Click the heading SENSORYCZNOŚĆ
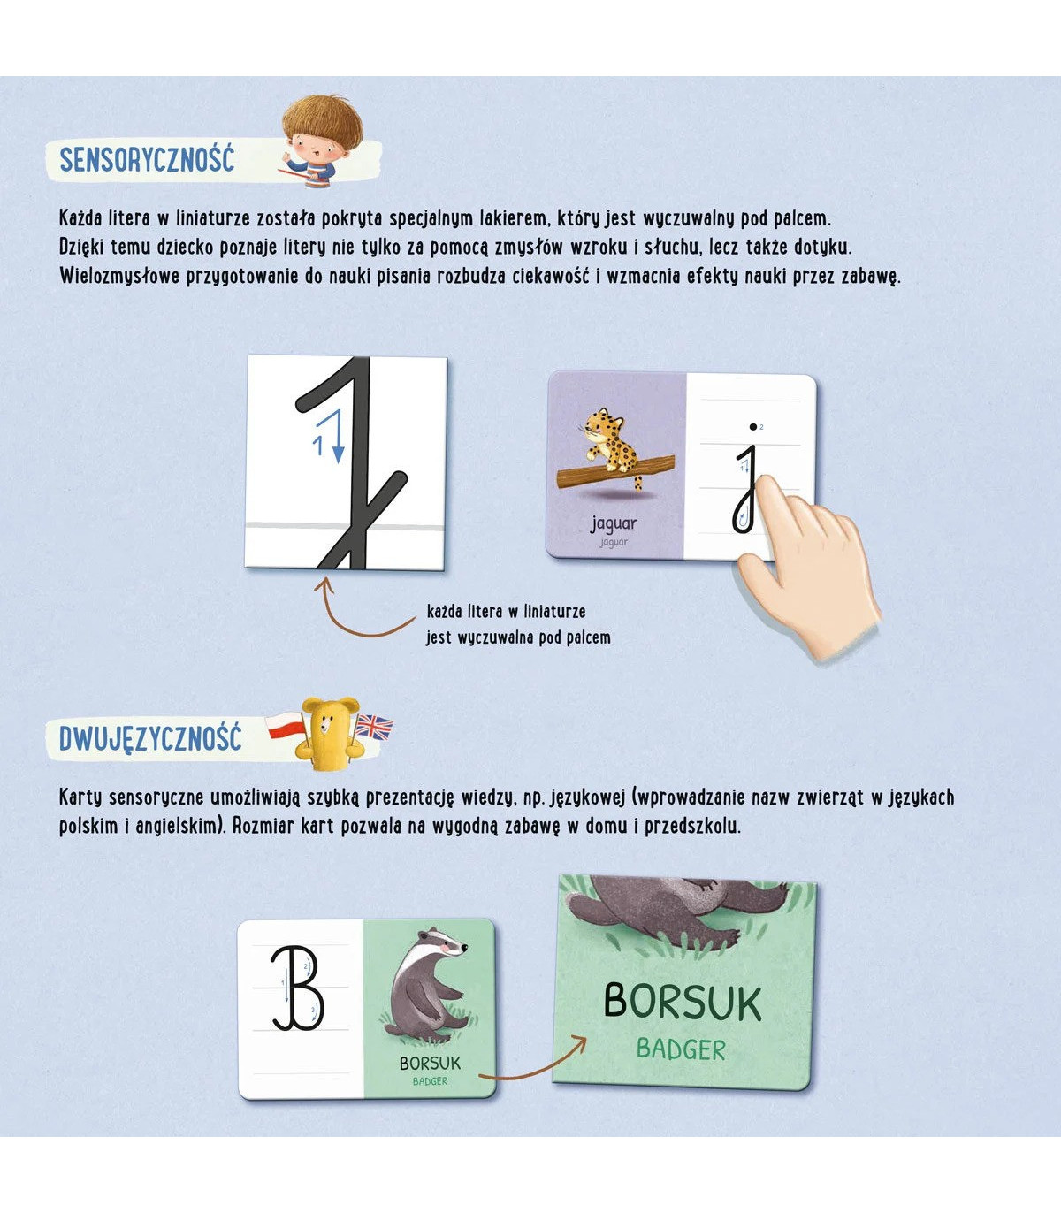[x=148, y=160]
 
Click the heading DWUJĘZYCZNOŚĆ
[x=150, y=739]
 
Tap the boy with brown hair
[x=318, y=142]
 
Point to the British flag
[x=373, y=727]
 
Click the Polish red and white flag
[x=285, y=726]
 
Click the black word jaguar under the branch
[x=614, y=524]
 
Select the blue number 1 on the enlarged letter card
[x=318, y=446]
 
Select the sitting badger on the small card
[x=429, y=988]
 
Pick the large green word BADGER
[x=681, y=1050]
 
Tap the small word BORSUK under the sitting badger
[x=430, y=1064]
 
